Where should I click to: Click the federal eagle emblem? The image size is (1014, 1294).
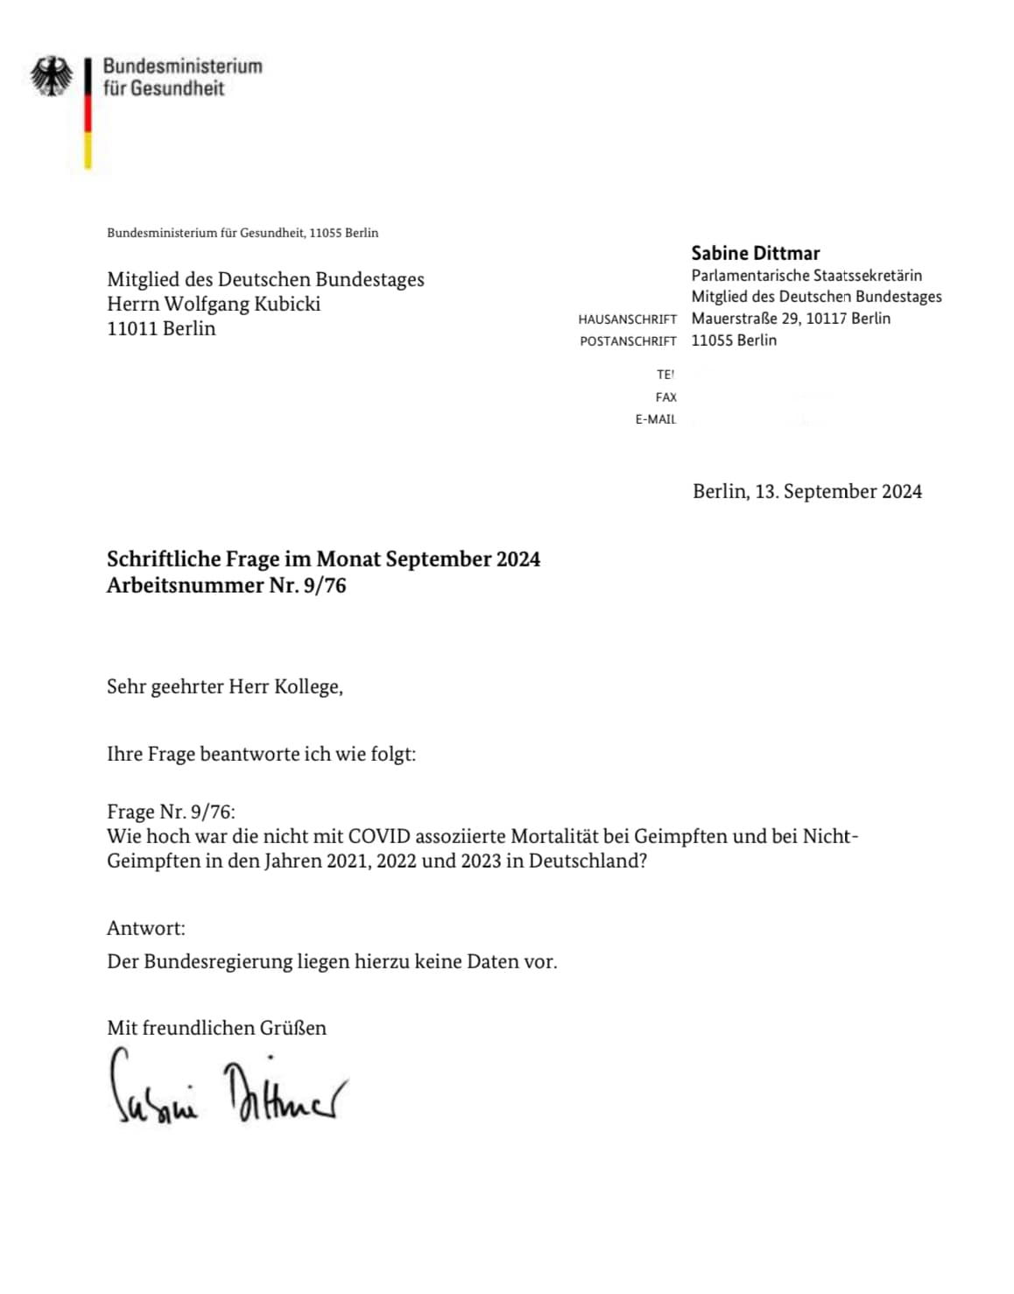52,76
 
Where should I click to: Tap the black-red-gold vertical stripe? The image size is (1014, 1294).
88,114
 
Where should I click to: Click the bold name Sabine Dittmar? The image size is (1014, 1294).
755,253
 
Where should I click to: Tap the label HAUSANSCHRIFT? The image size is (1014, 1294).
627,320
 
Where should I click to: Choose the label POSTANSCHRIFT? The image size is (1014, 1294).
628,341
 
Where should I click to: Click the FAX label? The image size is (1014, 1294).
665,397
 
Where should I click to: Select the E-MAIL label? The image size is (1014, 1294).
655,419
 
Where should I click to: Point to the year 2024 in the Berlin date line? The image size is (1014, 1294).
901,491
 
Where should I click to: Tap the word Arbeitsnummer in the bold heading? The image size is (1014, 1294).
185,585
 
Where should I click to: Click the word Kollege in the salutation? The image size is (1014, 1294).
307,686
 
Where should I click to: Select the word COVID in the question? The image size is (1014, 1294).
379,836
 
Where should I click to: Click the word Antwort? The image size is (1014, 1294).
145,928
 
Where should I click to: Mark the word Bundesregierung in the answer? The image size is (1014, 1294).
218,961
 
